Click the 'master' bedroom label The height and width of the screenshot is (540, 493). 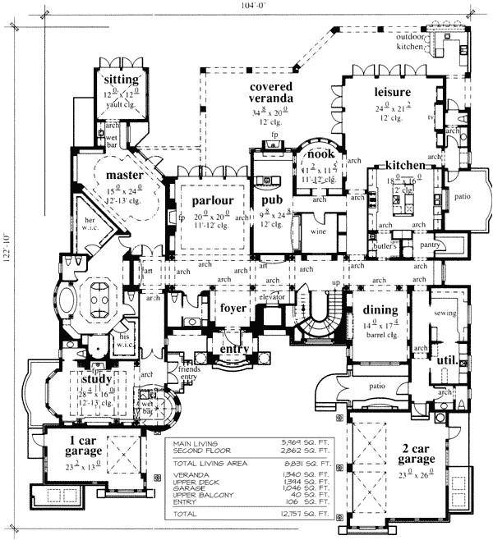click(x=124, y=176)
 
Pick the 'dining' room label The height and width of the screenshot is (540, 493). click(x=376, y=310)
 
